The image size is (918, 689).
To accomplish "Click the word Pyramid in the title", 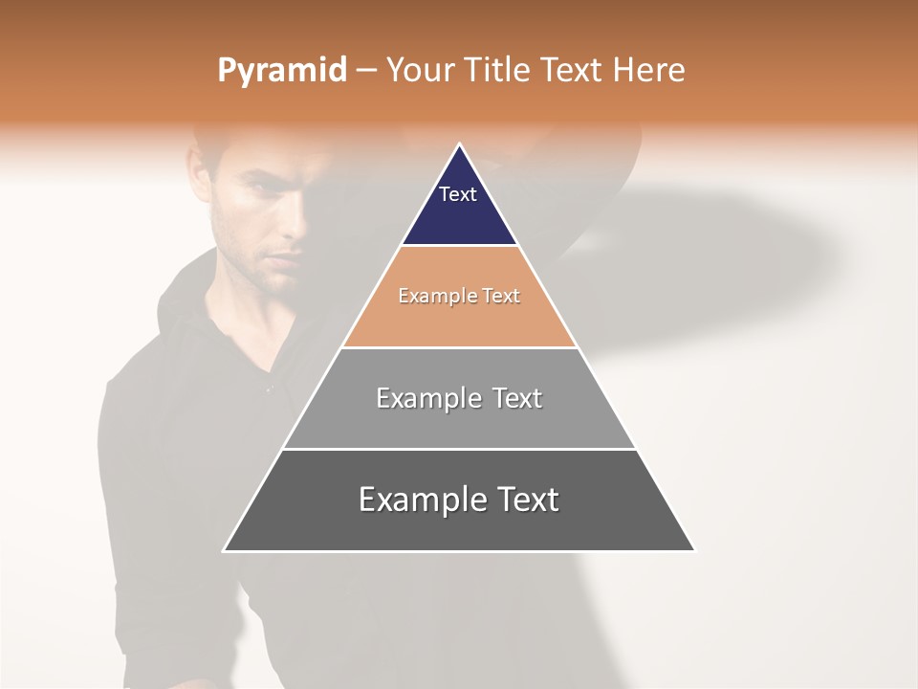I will pos(282,71).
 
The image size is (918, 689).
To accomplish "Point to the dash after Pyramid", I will pos(366,71).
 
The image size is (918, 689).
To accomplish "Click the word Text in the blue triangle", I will pos(458,194).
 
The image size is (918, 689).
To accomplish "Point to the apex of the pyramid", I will pos(459,145).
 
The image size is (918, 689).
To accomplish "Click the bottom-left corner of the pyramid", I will pos(225,550).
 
